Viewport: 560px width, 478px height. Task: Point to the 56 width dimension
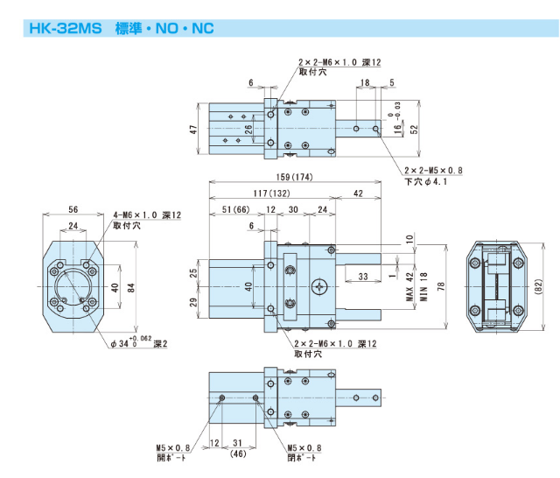[73, 210]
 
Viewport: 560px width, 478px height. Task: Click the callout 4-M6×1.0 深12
[146, 214]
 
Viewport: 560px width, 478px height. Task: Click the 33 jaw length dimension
[362, 277]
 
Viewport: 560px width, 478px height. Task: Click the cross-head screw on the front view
[319, 285]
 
